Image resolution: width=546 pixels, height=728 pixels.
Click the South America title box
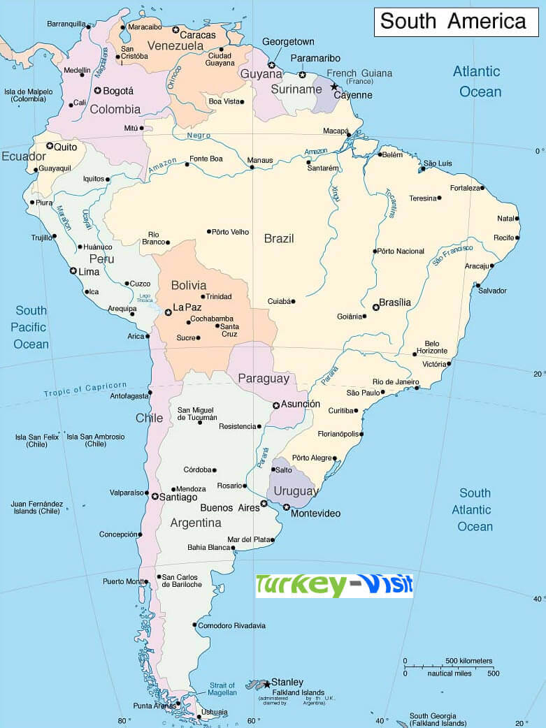point(456,22)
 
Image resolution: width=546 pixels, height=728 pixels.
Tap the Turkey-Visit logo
point(334,585)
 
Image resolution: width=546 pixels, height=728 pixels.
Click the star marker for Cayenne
point(334,87)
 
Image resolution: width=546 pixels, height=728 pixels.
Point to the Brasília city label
point(395,303)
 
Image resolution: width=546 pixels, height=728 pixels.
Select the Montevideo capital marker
point(287,507)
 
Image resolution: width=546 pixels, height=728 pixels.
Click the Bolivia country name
point(189,285)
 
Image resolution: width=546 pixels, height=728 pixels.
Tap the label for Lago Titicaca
point(145,298)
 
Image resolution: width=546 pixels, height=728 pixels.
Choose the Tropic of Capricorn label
point(85,388)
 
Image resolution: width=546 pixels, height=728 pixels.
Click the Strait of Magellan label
point(223,688)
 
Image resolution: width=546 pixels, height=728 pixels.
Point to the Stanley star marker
point(267,684)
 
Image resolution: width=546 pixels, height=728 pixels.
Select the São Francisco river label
point(452,254)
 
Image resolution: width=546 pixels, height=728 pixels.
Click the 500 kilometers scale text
point(468,661)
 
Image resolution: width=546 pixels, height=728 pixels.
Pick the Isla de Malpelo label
point(29,95)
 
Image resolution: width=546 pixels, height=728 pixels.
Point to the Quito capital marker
point(50,147)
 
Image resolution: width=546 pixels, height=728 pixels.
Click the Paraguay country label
point(264,379)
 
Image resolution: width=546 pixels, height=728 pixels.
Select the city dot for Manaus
point(251,168)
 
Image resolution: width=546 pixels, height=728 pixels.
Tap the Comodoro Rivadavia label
point(231,626)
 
